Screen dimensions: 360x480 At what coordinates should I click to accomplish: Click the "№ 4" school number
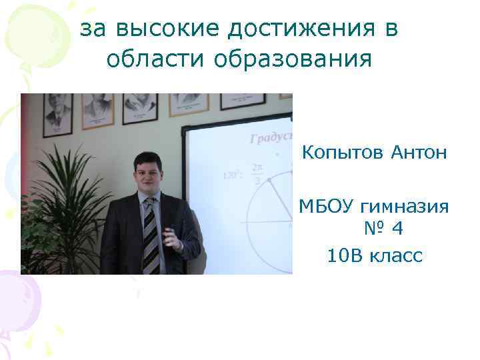[x=383, y=230]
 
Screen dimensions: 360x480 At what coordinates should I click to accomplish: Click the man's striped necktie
[x=151, y=237]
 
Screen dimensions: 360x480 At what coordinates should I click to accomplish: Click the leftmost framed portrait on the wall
[x=58, y=111]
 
